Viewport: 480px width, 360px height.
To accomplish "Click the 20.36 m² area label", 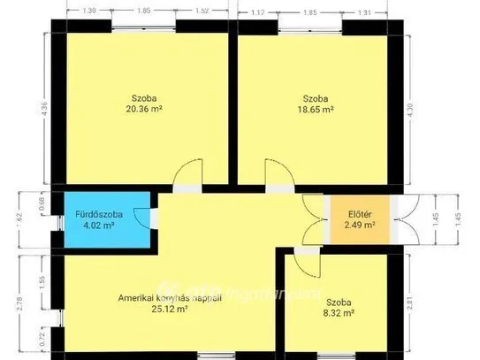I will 144,111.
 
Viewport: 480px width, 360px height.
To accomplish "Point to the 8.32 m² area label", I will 339,312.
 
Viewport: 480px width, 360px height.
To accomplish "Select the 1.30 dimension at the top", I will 88,10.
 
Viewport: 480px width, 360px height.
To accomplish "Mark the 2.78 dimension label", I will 19,304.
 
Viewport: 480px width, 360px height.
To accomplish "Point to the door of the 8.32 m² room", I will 306,263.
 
